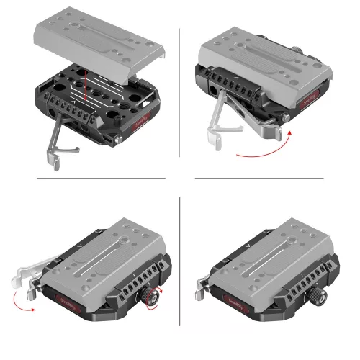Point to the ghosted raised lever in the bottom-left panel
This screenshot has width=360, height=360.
[x=29, y=278]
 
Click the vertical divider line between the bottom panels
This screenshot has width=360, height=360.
[x=179, y=274]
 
